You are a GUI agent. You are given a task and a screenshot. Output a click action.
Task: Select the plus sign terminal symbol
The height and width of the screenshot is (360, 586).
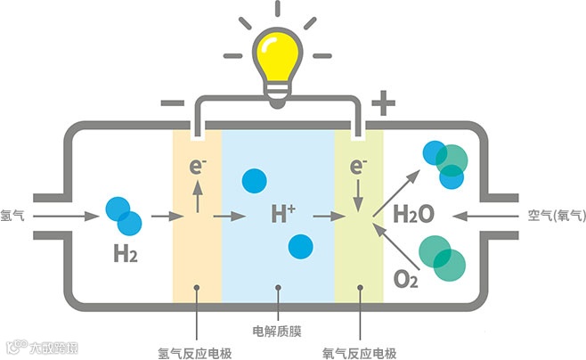[383, 103]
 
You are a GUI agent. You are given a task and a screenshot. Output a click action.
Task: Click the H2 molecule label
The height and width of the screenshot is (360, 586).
[126, 254]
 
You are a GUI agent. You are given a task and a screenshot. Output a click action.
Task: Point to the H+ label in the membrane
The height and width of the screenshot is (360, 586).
[283, 215]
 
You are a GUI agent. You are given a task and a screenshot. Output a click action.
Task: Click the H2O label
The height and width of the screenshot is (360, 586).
[413, 215]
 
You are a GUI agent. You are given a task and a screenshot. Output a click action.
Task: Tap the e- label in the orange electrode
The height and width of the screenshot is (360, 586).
[198, 167]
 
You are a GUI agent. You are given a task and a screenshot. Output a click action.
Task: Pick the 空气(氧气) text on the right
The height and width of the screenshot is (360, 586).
[553, 215]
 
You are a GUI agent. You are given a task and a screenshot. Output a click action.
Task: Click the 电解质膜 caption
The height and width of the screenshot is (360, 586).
[278, 331]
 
